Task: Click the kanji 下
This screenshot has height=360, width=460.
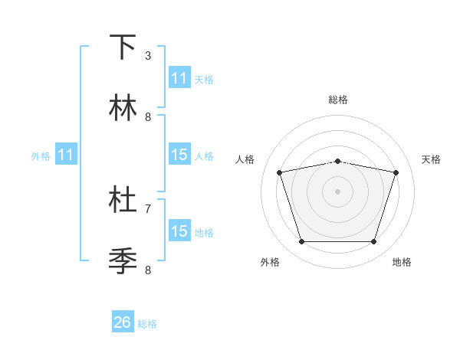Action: pyautogui.click(x=123, y=47)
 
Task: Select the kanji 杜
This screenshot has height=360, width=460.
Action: pyautogui.click(x=123, y=200)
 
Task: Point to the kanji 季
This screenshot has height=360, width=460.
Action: pyautogui.click(x=123, y=261)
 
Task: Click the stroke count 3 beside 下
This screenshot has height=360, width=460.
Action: pyautogui.click(x=148, y=56)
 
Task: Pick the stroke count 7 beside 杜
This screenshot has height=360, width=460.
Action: pyautogui.click(x=148, y=208)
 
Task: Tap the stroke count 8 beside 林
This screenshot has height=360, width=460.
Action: pyautogui.click(x=148, y=117)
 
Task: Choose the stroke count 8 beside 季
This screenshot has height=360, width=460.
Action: pyautogui.click(x=148, y=270)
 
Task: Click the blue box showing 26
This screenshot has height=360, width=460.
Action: pyautogui.click(x=123, y=323)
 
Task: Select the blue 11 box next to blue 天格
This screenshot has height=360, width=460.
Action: pyautogui.click(x=179, y=78)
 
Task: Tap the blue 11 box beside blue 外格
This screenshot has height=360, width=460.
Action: pyautogui.click(x=66, y=155)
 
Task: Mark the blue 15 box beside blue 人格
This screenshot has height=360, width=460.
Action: pyautogui.click(x=179, y=155)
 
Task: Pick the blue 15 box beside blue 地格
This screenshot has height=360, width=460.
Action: pyautogui.click(x=179, y=231)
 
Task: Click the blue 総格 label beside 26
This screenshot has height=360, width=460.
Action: pyautogui.click(x=147, y=324)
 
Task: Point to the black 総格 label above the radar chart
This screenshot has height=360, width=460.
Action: pyautogui.click(x=338, y=100)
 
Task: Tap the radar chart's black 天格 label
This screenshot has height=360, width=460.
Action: pyautogui.click(x=431, y=159)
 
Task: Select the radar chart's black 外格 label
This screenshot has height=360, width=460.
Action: pyautogui.click(x=270, y=262)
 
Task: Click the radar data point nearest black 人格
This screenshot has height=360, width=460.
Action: pyautogui.click(x=280, y=173)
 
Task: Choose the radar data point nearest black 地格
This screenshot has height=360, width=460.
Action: pyautogui.click(x=373, y=242)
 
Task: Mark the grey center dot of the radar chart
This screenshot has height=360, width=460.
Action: pyautogui.click(x=337, y=191)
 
